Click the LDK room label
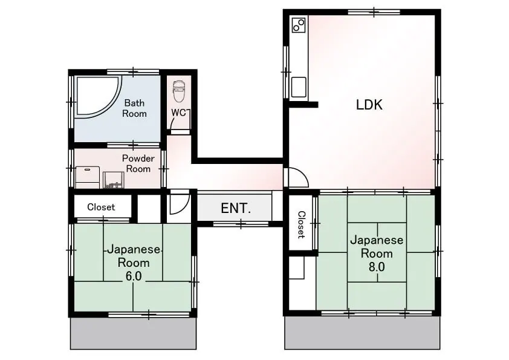coord(369,105)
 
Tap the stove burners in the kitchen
coord(299,25)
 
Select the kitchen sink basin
coord(299,87)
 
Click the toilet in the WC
coord(178,91)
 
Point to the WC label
coord(178,113)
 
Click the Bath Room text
coord(134,108)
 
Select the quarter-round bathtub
coord(97,96)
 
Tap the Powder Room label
coord(138,163)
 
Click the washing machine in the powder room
coord(88,177)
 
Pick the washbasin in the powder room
coord(114,180)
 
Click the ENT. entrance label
coord(236,208)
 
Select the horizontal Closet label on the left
coord(101,207)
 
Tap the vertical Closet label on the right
coord(302,225)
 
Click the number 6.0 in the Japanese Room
coord(134,276)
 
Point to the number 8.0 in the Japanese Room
coord(377,267)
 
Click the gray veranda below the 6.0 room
coord(134,333)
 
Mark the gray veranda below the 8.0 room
coord(363,333)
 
